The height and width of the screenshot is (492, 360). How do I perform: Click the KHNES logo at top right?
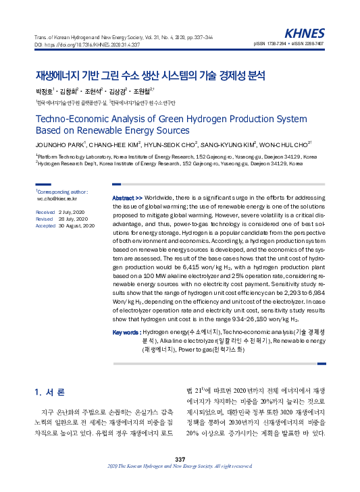[305, 33]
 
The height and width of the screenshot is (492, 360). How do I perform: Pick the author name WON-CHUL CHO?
[284, 144]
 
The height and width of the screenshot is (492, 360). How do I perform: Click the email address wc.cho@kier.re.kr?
[57, 199]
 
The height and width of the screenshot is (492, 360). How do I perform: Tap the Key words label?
[126, 333]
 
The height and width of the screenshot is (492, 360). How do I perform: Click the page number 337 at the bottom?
[180, 459]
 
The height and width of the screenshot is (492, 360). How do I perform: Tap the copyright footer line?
[180, 466]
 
